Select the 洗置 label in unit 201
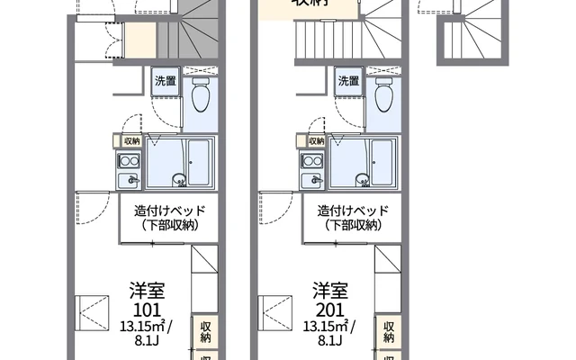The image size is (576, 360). click(x=348, y=81)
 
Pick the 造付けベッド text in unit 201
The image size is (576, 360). click(x=353, y=211)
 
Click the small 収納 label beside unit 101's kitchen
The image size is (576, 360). click(x=131, y=141)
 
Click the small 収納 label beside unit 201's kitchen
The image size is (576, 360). click(x=316, y=141)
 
